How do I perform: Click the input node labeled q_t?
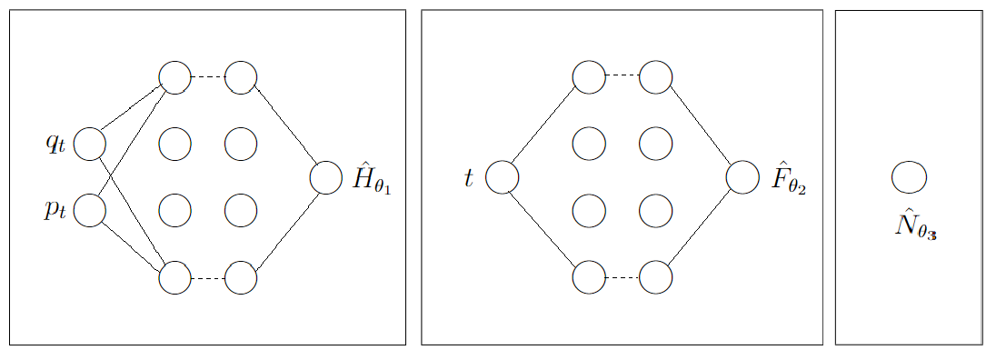point(89,144)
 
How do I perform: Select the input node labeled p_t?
point(89,210)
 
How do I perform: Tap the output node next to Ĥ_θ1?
point(325,177)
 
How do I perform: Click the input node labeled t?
point(502,177)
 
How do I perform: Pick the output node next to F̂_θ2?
point(742,177)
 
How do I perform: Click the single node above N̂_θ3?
point(909,177)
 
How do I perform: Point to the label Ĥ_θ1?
point(370,180)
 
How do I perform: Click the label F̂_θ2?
point(788,180)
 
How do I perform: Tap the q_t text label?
point(55,143)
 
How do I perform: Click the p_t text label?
point(55,210)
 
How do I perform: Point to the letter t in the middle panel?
point(469,178)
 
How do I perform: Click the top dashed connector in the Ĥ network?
point(207,77)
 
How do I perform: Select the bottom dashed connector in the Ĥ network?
point(207,277)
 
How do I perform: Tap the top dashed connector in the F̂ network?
point(622,77)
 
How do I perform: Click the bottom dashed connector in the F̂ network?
point(622,277)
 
